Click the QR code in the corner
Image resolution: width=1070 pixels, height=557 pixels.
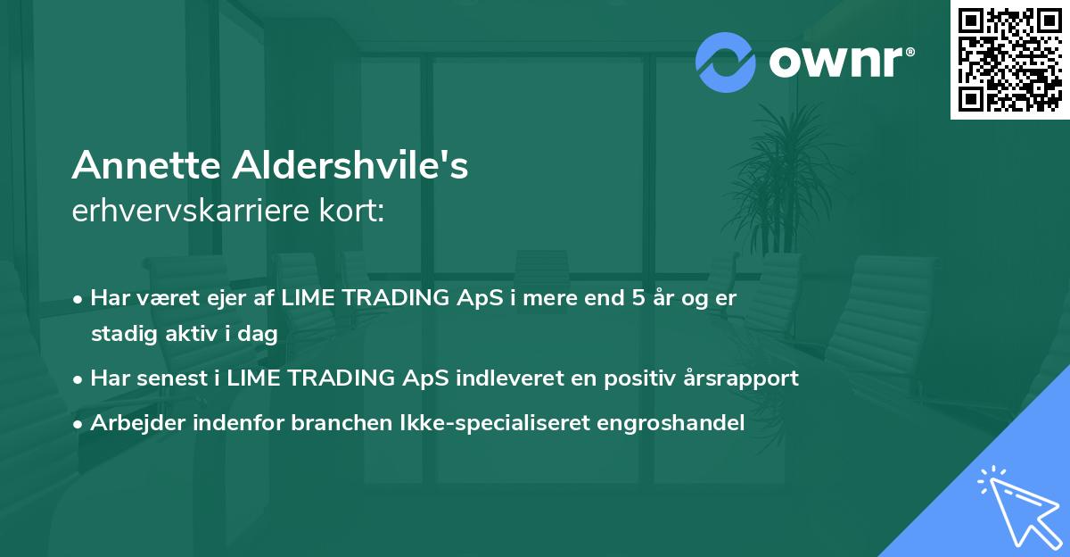point(1009,60)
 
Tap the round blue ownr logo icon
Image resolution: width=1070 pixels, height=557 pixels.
point(726,62)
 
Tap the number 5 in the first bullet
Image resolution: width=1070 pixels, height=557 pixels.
point(638,298)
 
